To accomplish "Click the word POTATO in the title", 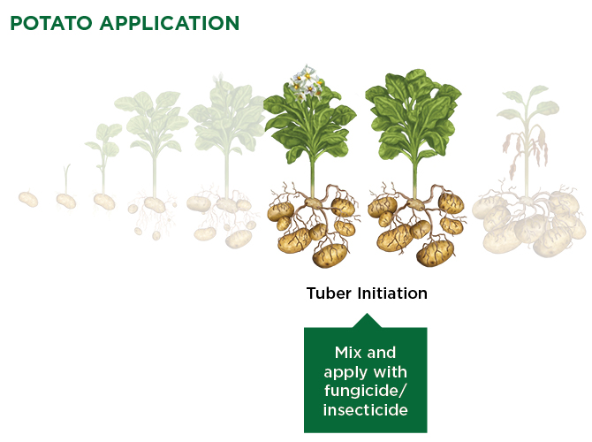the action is (51, 23).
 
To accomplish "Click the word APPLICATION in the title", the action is (170, 23).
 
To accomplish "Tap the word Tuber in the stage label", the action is (329, 293).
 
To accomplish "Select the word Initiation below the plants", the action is (392, 293).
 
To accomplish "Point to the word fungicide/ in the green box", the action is (366, 391).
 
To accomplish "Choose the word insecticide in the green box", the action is (366, 410).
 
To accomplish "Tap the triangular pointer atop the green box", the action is (366, 321).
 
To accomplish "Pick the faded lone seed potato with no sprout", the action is (28, 199).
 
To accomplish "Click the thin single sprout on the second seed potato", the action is (67, 179).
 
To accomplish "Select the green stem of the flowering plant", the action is (312, 176).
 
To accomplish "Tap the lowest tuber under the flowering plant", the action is (330, 255).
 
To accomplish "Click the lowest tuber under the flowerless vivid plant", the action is (435, 254).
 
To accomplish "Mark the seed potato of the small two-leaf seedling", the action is (104, 202).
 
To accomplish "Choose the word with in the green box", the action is (390, 372).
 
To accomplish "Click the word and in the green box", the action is (382, 353).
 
